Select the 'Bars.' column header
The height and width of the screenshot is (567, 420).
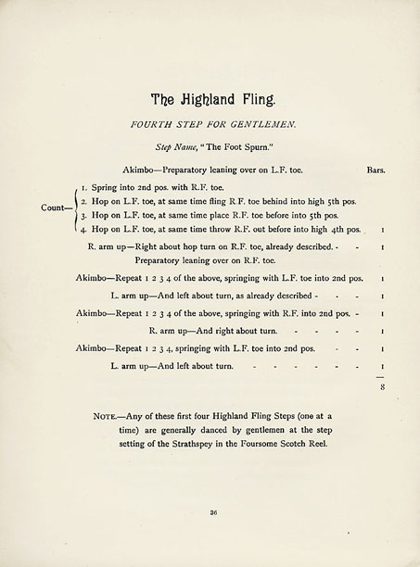click(375, 170)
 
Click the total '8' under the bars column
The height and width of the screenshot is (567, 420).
click(382, 388)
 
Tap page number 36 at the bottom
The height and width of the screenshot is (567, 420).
click(212, 511)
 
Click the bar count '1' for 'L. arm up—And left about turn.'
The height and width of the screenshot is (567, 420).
click(382, 368)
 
